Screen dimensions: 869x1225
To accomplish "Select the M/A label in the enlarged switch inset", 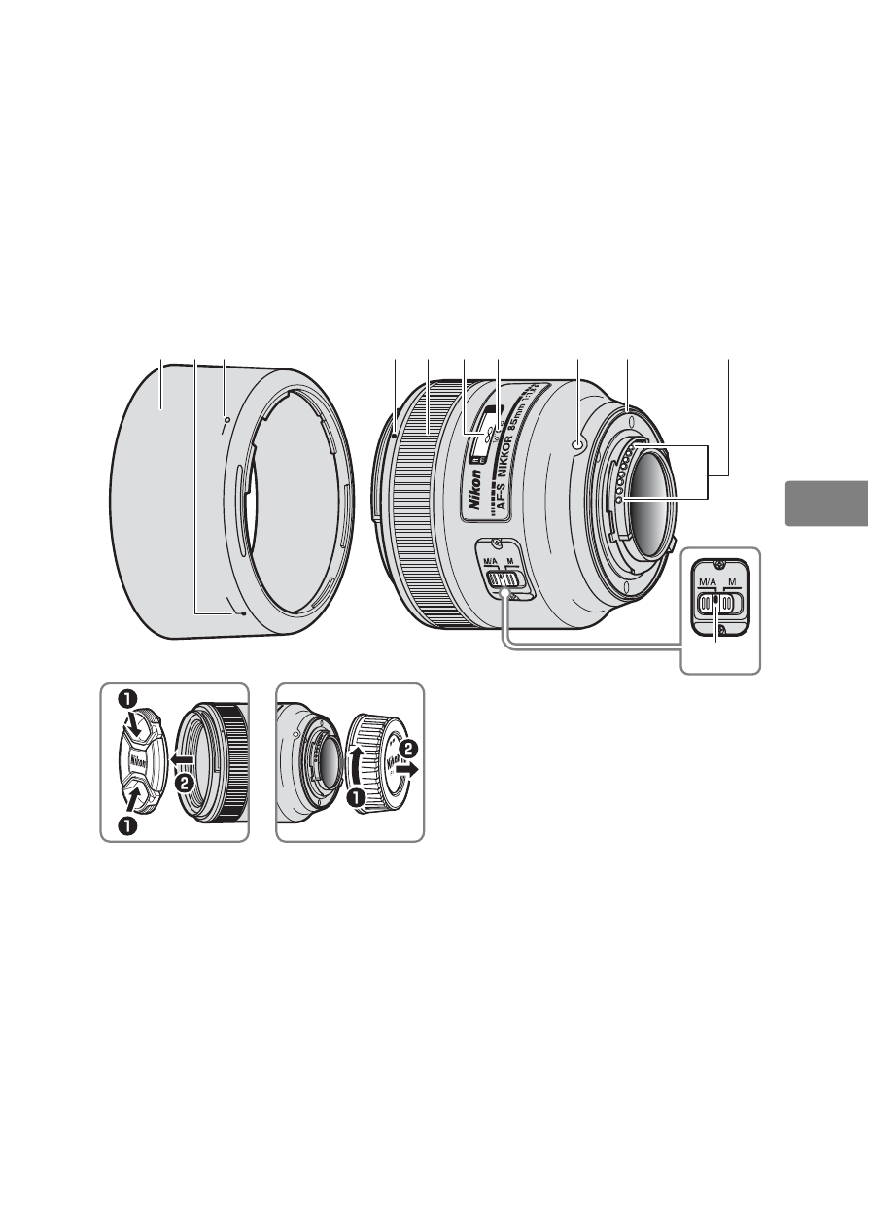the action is [707, 582].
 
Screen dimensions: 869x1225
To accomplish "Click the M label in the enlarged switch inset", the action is [733, 582].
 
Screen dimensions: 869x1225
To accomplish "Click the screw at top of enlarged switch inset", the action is [719, 565].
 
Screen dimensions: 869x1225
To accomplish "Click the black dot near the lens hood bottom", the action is [242, 614].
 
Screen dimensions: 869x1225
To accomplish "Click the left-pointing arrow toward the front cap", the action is [181, 757].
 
